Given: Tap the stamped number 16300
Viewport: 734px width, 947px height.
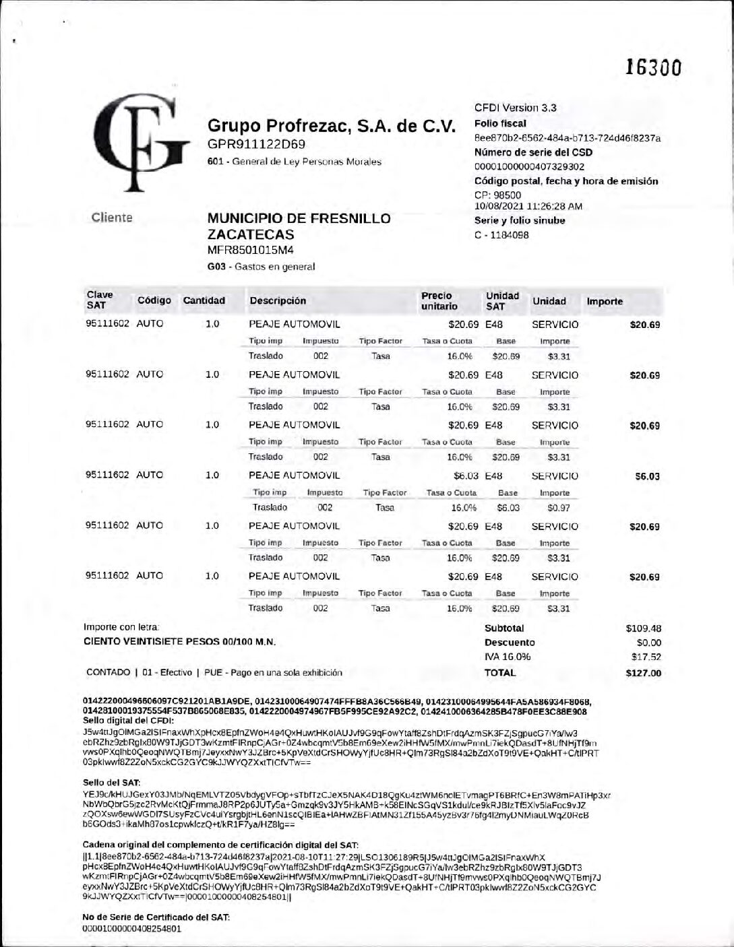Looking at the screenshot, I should click(653, 67).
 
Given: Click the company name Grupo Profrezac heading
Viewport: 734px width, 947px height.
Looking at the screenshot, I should click(332, 126).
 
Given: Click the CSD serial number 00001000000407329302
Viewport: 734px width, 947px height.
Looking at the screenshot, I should click(529, 166).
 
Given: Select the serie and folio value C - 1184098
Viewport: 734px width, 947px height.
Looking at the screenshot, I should click(501, 235).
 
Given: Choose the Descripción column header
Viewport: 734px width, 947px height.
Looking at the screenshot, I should click(278, 300).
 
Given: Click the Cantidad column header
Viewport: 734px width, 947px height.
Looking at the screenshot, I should click(204, 300).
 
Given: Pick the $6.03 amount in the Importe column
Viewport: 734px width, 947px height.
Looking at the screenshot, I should click(647, 477).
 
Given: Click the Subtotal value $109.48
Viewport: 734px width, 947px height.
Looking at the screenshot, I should click(644, 628).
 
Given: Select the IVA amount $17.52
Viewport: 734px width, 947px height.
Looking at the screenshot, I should click(646, 657).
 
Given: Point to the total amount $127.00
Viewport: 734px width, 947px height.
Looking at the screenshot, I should click(644, 673).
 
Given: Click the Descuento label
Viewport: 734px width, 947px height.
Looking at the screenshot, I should click(510, 643).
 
